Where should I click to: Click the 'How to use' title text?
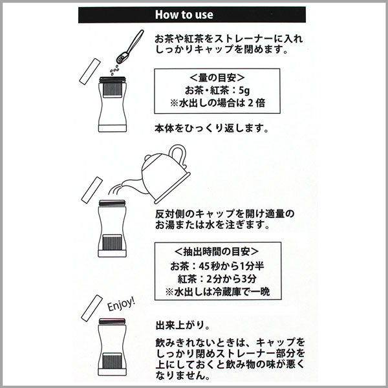[x=184, y=15]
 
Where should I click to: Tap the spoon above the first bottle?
[x=130, y=47]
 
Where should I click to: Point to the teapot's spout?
[x=131, y=184]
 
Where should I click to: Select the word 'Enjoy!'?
[x=122, y=304]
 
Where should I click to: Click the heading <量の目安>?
[x=217, y=78]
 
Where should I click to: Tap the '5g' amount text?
[x=244, y=91]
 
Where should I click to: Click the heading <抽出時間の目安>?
[x=217, y=252]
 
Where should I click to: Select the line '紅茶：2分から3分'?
[x=217, y=279]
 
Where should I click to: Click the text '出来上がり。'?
[x=182, y=325]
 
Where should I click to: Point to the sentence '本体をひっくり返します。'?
[x=211, y=129]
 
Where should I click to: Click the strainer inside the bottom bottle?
[x=112, y=361]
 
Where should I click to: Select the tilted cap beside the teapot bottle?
[x=92, y=190]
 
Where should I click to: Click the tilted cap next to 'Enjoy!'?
[x=92, y=308]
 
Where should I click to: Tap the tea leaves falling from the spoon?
[x=114, y=70]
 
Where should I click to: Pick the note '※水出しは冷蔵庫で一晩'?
[x=218, y=292]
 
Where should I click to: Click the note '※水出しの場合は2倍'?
[x=218, y=103]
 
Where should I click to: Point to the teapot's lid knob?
[x=147, y=158]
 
